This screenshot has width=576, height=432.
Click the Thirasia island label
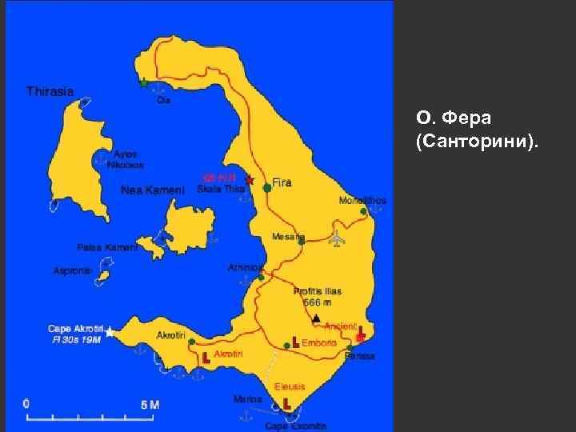point(50,91)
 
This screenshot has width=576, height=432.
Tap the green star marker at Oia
point(144,82)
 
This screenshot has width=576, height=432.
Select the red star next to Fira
point(249,179)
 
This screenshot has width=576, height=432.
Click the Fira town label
point(282,182)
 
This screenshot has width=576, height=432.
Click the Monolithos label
point(362,200)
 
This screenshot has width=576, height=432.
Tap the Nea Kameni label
point(152,190)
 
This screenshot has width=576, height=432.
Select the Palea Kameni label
point(107,247)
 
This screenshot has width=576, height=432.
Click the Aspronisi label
point(73,271)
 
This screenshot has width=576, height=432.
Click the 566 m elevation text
point(318,302)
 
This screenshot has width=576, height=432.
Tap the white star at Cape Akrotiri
point(110,331)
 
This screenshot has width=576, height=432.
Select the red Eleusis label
point(290,386)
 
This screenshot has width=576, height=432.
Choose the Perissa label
point(359,355)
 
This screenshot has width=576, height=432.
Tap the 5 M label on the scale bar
point(150,405)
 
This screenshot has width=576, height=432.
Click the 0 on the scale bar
point(26,403)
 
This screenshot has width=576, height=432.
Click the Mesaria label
point(288,236)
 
